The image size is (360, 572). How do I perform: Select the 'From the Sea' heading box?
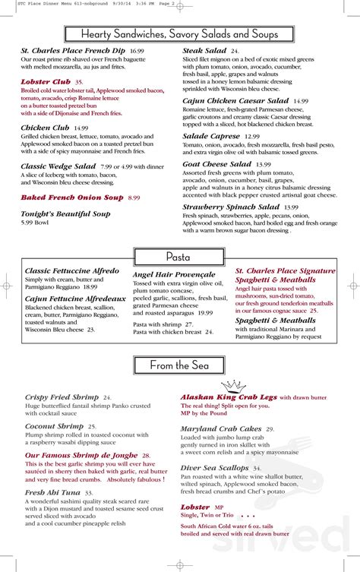point(179,366)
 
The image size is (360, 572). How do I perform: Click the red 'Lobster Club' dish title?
point(46,81)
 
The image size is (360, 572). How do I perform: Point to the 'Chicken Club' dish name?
point(46,128)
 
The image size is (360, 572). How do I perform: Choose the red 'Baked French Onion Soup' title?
point(72,198)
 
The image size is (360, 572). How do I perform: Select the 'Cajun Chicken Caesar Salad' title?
point(235,100)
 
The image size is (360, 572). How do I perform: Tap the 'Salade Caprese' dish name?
point(212,136)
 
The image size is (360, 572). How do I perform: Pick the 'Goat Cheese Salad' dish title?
point(217,164)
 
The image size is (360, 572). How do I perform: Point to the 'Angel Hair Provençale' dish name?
point(174,275)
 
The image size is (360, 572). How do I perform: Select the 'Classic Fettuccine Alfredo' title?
point(71,270)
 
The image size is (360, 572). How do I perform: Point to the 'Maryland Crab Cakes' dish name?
point(222,429)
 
